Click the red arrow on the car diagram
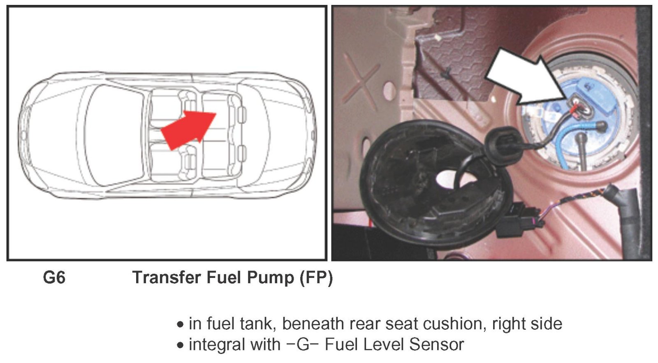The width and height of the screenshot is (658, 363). [189, 130]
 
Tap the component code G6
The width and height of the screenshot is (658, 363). [54, 277]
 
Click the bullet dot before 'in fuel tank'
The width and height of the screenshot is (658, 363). [181, 325]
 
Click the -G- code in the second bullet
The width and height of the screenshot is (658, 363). [303, 344]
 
